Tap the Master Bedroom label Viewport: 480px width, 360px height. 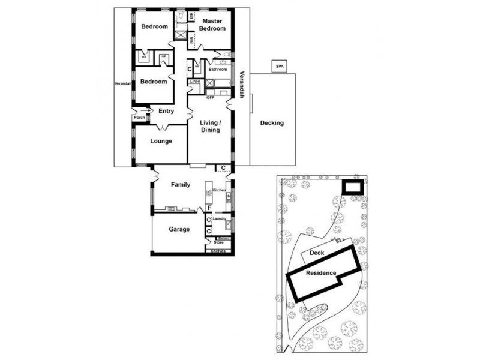tap(213, 25)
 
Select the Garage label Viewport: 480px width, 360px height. tap(179, 229)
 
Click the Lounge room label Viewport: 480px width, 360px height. tap(161, 142)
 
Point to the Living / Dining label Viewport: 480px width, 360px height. tap(211, 126)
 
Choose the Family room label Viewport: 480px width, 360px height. tap(180, 185)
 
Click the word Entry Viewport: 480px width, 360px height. tap(166, 110)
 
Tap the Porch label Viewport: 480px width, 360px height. tap(139, 118)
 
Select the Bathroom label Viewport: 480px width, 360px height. tap(217, 70)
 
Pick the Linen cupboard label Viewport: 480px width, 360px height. tap(196, 81)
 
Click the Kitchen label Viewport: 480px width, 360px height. tap(219, 190)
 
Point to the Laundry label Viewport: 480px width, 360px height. tap(219, 219)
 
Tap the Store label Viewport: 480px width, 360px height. tap(219, 242)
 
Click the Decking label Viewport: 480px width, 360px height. tap(272, 124)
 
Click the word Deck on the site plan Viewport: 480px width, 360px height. tap(317, 253)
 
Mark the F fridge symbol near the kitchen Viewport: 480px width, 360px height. tap(209, 208)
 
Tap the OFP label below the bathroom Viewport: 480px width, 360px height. tap(210, 97)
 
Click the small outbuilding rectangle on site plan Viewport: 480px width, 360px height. tap(351, 187)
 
